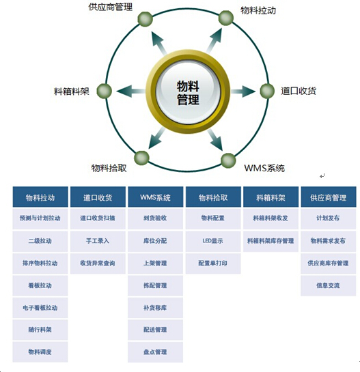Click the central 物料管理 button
pyautogui.click(x=188, y=92)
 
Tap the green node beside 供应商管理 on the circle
pyautogui.click(x=145, y=19)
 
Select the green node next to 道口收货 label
pyautogui.click(x=267, y=91)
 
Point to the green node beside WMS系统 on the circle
pyautogui.click(x=228, y=160)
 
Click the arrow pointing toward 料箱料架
pyautogui.click(x=131, y=91)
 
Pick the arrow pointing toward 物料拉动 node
pyautogui.click(x=214, y=40)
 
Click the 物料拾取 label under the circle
pyautogui.click(x=109, y=168)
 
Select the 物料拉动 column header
pyautogui.click(x=40, y=197)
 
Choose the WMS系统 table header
pyautogui.click(x=155, y=197)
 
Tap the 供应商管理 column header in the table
pyautogui.click(x=329, y=197)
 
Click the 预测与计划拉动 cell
pyautogui.click(x=40, y=218)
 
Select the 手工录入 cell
pyautogui.click(x=98, y=241)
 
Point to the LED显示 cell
pyautogui.click(x=213, y=241)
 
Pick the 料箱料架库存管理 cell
pyautogui.click(x=271, y=241)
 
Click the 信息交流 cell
pyautogui.click(x=329, y=285)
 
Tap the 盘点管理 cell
pyautogui.click(x=155, y=352)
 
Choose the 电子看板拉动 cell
pyautogui.click(x=40, y=308)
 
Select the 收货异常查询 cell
pyautogui.click(x=98, y=263)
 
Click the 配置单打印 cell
pyautogui.click(x=213, y=263)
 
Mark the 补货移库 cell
pyautogui.click(x=155, y=308)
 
